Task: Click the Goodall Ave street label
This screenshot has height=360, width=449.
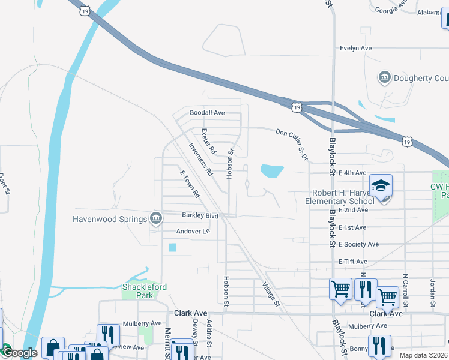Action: point(206,113)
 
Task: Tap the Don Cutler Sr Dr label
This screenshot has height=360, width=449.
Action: point(292,145)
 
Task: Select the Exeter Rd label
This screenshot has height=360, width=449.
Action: point(208,142)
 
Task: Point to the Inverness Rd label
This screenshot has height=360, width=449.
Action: point(200,159)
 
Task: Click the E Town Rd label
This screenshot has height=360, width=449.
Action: point(190,184)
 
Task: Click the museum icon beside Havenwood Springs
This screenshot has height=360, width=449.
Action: point(156,218)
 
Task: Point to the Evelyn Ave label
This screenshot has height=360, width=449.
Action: point(356,48)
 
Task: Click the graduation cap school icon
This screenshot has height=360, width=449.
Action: point(381,185)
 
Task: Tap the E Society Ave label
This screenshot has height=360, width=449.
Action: point(358,244)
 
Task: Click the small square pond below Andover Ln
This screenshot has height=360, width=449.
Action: point(173,247)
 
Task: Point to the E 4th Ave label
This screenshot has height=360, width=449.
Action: point(352,173)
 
